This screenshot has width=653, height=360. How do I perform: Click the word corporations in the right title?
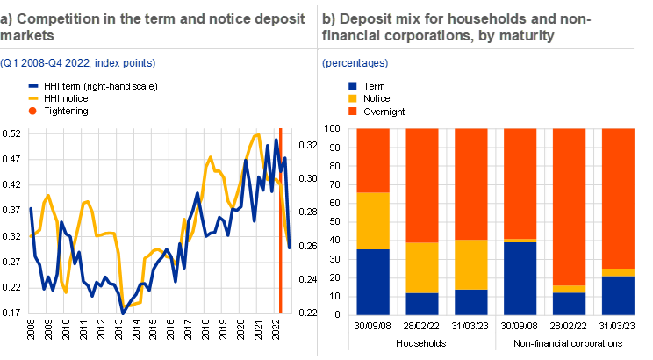click(417, 36)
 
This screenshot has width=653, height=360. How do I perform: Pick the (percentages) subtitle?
click(355, 63)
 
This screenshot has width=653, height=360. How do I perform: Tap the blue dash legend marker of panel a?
click(33, 86)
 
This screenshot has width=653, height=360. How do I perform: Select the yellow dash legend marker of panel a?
click(33, 98)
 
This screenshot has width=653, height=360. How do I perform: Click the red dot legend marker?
click(32, 111)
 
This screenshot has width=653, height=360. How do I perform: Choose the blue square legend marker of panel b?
click(353, 86)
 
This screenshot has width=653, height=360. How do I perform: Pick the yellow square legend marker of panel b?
click(353, 98)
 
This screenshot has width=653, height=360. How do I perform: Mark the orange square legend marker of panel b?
click(353, 111)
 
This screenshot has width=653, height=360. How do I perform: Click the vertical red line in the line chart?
click(280, 220)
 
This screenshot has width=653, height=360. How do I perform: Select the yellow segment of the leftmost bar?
click(372, 220)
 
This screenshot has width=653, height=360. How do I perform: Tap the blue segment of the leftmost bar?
click(372, 281)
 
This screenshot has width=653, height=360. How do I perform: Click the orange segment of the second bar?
click(422, 185)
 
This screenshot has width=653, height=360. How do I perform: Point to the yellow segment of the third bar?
click(471, 264)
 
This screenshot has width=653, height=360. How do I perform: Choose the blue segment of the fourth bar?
click(520, 277)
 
